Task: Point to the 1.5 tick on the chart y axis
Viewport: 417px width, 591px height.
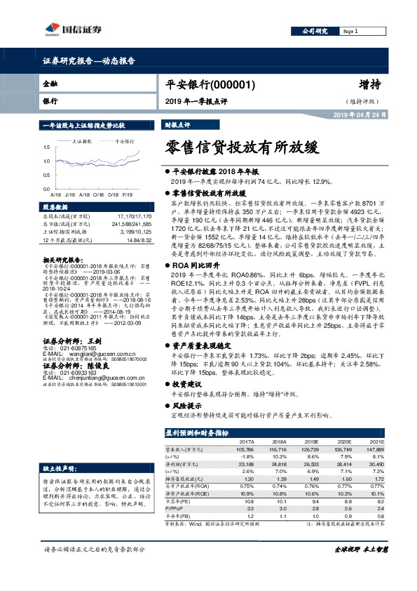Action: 46,147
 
